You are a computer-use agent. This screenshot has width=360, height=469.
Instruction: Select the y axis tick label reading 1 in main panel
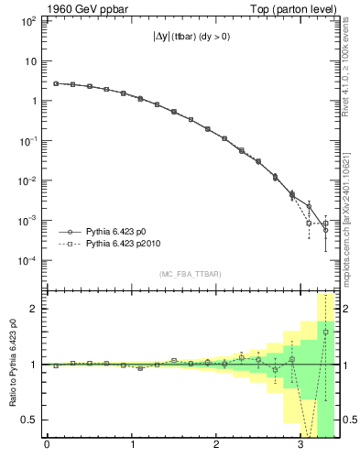coord(33,101)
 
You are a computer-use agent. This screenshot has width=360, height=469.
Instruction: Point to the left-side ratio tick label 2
coord(35,309)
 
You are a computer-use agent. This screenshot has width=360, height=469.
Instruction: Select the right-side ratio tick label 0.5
coord(348,420)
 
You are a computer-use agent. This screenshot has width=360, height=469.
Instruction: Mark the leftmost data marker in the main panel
coord(56,83)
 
